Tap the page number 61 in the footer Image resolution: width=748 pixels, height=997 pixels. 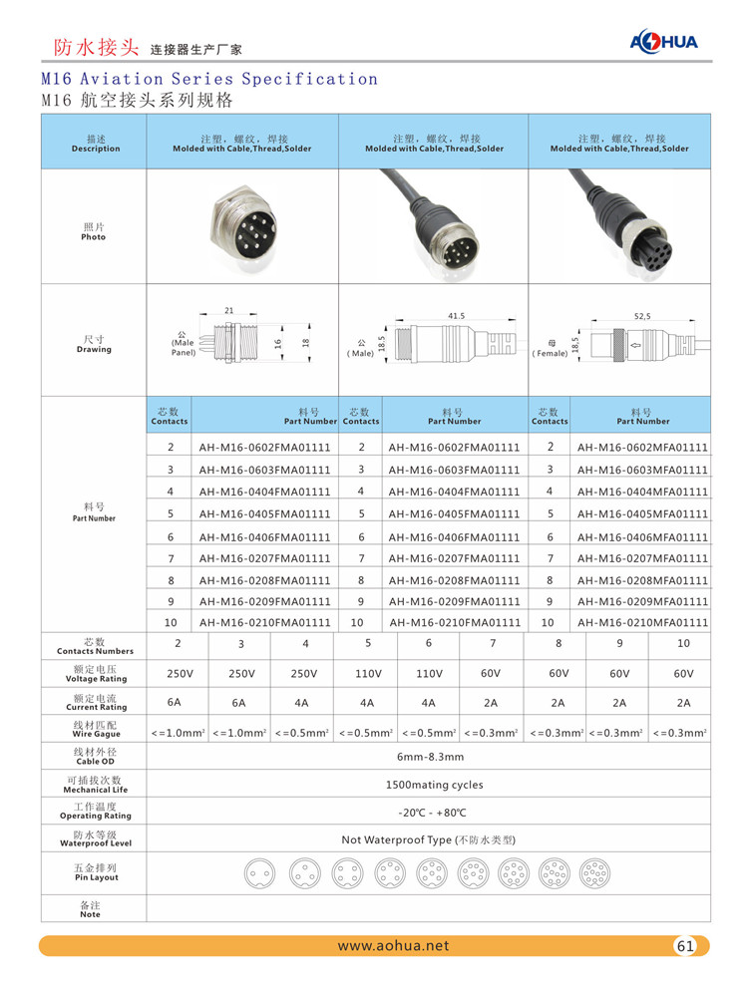pos(685,946)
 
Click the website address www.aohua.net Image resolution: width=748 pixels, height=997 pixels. pos(393,946)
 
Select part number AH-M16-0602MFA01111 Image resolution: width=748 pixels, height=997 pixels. pos(642,448)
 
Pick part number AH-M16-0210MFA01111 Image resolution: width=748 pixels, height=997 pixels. pos(642,622)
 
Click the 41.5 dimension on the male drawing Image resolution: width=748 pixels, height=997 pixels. pos(456,316)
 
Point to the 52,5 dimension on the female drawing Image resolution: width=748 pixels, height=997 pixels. pos(642,316)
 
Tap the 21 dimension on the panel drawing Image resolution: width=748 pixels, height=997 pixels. pos(228,311)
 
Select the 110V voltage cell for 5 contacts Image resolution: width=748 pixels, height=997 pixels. pos(368,674)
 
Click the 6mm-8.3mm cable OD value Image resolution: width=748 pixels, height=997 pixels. pos(428,758)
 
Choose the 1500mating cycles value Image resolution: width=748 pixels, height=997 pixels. pos(428,785)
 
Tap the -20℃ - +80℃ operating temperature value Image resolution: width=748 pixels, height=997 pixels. pos(428,812)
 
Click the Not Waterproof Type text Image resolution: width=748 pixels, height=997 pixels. pos(428,839)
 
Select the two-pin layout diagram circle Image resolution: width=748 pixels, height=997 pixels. pos(258,874)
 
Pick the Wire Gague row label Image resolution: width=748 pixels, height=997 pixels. pos(94,730)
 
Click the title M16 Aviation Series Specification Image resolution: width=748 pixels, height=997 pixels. pos(209,79)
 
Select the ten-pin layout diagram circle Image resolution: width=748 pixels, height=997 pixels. pos(594,874)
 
